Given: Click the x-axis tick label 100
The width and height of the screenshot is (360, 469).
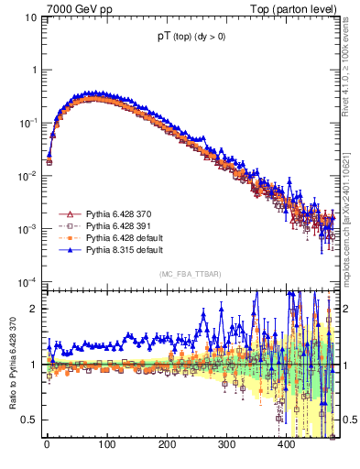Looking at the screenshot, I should (106, 444).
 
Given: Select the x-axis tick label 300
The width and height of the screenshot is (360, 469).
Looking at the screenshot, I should (226, 444).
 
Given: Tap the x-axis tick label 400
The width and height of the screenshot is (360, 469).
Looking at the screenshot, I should (286, 444).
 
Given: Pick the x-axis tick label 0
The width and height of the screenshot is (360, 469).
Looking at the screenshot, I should (47, 444).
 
